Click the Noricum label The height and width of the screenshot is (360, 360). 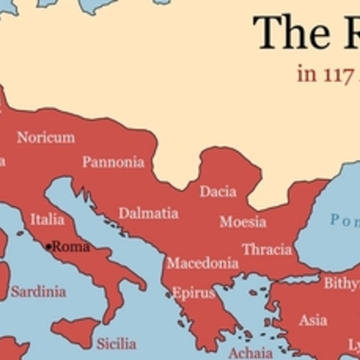(46, 138)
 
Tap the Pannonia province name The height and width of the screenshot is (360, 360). (112, 162)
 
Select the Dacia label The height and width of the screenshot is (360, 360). (218, 191)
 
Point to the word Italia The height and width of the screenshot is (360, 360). (48, 219)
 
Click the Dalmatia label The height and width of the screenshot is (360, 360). (148, 213)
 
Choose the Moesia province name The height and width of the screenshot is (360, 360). (243, 221)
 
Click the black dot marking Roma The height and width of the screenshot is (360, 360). (49, 246)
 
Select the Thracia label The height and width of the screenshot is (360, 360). (266, 249)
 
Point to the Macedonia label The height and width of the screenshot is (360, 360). (202, 264)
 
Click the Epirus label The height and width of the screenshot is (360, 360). (193, 292)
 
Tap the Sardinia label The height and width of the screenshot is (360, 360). (38, 292)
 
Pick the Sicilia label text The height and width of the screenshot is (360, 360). (116, 343)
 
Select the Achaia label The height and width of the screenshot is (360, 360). (249, 352)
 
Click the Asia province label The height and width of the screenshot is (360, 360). (313, 319)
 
